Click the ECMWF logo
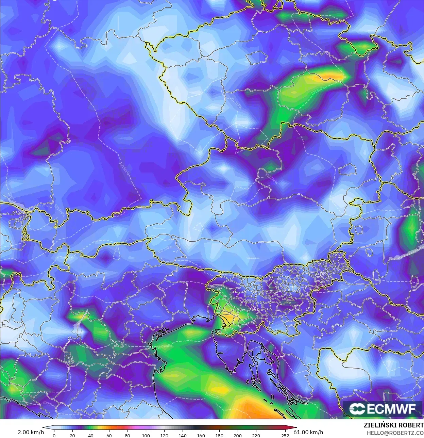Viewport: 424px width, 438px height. (382, 408)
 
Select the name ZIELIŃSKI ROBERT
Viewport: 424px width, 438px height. (393, 425)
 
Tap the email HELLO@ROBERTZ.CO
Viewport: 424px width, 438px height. (395, 433)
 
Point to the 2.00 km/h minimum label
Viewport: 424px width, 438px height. (31, 432)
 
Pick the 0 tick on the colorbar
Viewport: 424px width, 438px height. (54, 436)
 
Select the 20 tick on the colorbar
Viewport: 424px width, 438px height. (72, 436)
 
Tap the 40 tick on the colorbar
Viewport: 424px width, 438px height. (91, 436)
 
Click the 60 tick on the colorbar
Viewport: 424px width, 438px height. (109, 436)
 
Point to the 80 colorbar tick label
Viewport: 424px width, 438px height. (128, 436)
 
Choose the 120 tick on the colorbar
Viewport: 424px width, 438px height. (164, 436)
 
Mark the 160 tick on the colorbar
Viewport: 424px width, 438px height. (201, 436)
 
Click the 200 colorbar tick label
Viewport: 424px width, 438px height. (238, 436)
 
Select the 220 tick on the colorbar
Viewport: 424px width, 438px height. (256, 436)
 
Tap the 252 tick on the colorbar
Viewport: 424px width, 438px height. (285, 436)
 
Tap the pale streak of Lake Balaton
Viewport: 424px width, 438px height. (405, 254)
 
